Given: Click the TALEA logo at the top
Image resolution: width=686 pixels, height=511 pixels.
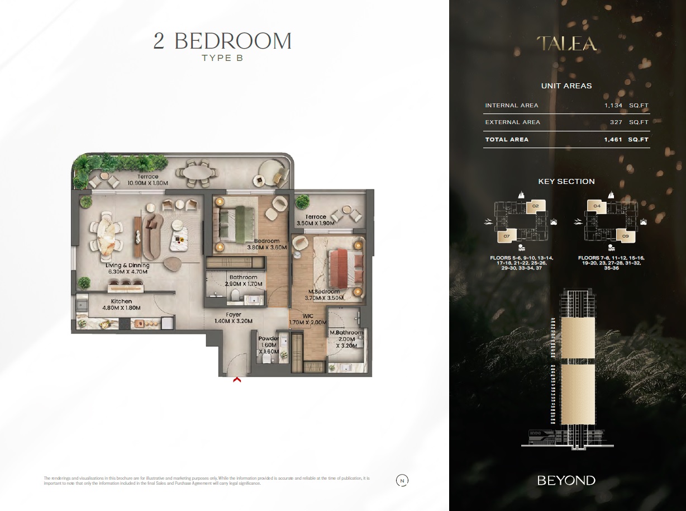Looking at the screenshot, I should [x=566, y=44].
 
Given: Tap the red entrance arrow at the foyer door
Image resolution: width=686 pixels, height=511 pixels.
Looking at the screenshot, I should [x=237, y=380].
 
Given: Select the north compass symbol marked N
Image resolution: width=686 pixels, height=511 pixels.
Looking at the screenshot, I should [x=402, y=480].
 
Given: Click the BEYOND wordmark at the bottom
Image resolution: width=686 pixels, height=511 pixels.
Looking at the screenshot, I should [x=566, y=480].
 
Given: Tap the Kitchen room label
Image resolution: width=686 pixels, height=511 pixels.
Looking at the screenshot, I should [x=121, y=301].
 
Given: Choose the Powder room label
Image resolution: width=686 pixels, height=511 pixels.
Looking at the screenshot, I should [x=268, y=339].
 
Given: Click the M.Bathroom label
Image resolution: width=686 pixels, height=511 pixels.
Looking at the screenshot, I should [x=346, y=333].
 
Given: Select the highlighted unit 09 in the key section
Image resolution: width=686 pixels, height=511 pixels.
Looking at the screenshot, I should [x=625, y=236].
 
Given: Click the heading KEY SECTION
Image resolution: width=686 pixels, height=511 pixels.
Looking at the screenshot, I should [x=566, y=181].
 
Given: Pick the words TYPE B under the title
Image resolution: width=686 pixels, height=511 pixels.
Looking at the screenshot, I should [x=222, y=58].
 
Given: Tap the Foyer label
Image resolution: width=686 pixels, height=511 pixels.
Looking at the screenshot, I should [x=234, y=315].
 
